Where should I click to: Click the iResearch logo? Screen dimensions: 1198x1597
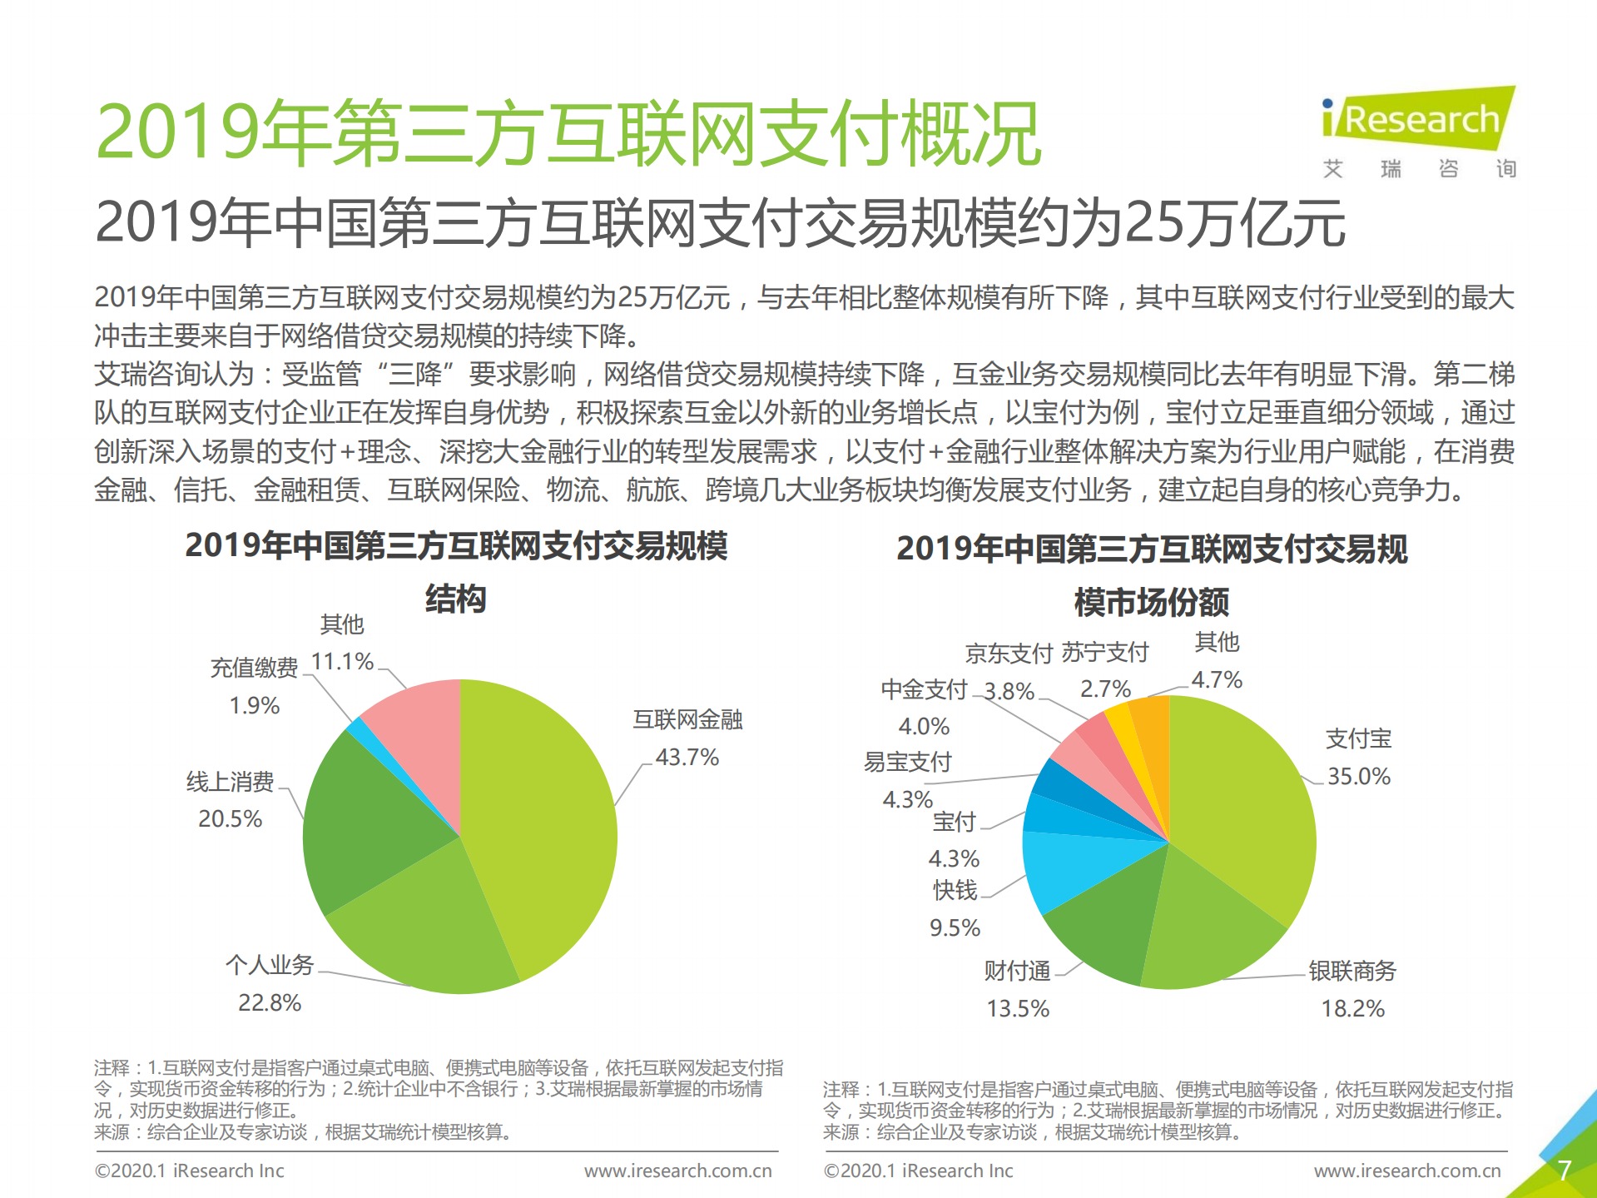tap(1419, 121)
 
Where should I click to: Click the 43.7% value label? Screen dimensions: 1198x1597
tap(687, 757)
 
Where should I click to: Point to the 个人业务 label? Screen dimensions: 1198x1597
tap(270, 965)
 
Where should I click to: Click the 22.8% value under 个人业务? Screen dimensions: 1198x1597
tap(270, 1002)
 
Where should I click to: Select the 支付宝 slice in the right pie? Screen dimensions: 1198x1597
tap(1240, 799)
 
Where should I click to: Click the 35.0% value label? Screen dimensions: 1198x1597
tap(1358, 776)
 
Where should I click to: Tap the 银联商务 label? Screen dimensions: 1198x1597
tap(1352, 971)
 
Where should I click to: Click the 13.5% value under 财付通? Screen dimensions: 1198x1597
tap(1018, 1008)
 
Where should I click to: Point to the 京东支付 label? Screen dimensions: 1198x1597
tap(1009, 654)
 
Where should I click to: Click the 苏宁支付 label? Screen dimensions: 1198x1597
tap(1105, 652)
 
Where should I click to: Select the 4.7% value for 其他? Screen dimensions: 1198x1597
tap(1217, 679)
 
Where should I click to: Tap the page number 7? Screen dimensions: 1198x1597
tap(1564, 1170)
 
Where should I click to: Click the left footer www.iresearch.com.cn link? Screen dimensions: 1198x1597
tap(677, 1171)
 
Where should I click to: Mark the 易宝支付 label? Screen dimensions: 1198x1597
tap(907, 762)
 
